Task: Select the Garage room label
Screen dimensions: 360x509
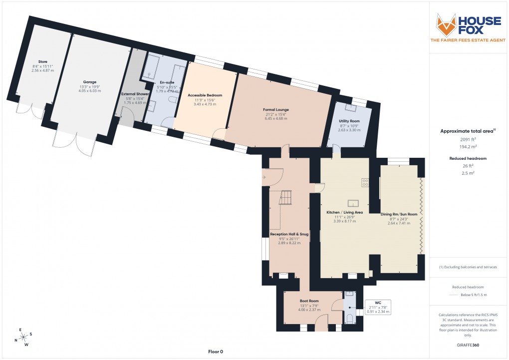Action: click(90, 82)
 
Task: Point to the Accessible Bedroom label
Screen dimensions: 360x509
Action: click(205, 95)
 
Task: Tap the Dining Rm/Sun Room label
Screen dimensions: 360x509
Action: click(399, 214)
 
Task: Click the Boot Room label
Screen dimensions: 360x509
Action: click(309, 301)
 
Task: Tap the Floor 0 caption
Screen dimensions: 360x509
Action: click(216, 352)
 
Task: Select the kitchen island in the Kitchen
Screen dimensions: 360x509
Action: click(354, 203)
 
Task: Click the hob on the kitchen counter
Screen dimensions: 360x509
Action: click(365, 183)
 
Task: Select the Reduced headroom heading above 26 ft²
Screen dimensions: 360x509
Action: click(467, 158)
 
